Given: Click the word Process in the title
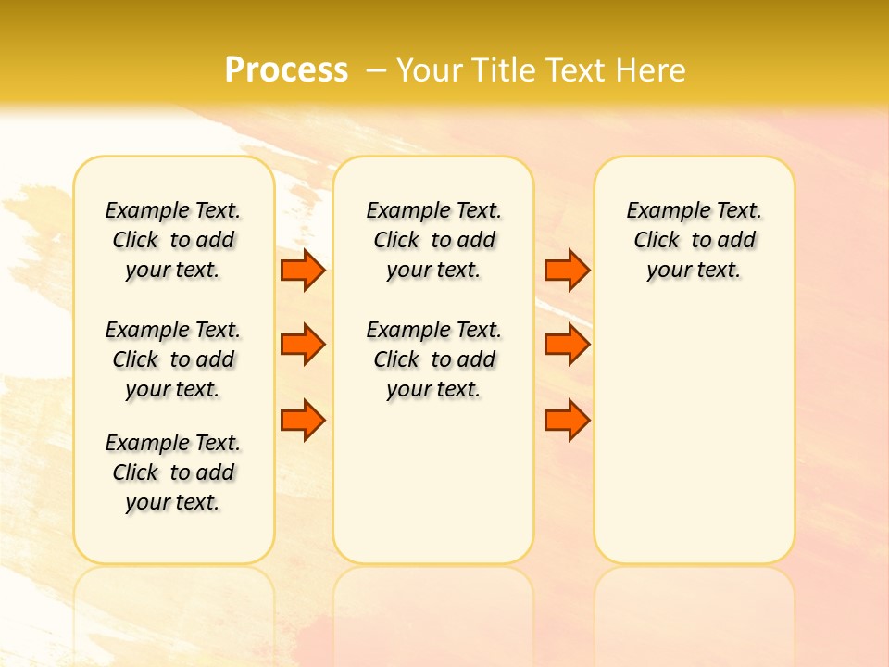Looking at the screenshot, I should pos(286,70).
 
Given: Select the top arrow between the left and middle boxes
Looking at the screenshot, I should pos(303,271).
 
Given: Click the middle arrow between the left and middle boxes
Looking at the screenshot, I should pos(303,345).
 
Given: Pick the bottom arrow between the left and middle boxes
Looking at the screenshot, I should pos(303,420).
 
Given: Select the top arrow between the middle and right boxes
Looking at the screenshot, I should pos(567,271).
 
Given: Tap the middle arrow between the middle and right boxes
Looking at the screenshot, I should pos(567,345).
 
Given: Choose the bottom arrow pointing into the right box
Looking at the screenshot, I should pos(567,420).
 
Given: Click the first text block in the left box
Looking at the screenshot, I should pos(173,240).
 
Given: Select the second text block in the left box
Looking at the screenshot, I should pos(173,359).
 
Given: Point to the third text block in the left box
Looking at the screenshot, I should pos(173,472).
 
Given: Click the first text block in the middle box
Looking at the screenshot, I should pos(433,240).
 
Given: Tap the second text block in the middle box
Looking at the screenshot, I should pos(433,359).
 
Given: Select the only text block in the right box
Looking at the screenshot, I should pos(695,240).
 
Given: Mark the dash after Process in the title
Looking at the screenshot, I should pos(376,70).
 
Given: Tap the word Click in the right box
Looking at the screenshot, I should pos(657,241).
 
